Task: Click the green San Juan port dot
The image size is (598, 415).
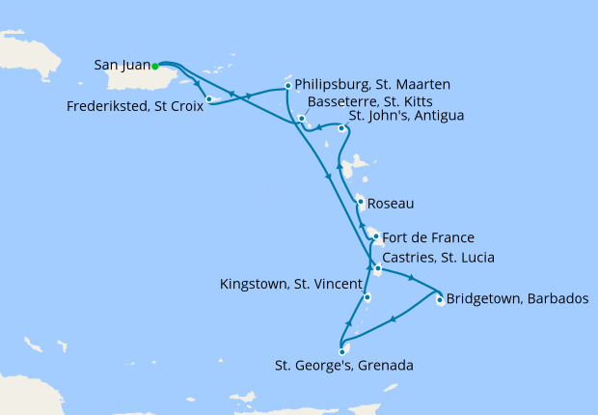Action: (x=155, y=66)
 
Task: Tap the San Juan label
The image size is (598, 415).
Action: (x=122, y=66)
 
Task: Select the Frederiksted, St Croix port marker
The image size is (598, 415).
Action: (x=209, y=98)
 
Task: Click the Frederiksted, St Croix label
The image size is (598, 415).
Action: (x=149, y=106)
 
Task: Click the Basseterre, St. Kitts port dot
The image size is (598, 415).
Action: (x=302, y=119)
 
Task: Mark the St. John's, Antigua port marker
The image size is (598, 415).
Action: (x=341, y=126)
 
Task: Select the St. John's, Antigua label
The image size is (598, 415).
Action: (x=406, y=117)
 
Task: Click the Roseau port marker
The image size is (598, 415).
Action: (x=361, y=203)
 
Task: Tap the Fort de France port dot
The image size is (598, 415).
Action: (x=375, y=236)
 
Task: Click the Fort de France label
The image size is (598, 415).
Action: (x=428, y=237)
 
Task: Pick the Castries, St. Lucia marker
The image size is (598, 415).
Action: (x=377, y=268)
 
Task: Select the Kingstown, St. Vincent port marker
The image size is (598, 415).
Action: (x=367, y=297)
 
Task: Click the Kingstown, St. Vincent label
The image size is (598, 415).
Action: (x=290, y=284)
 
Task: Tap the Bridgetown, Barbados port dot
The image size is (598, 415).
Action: (x=440, y=300)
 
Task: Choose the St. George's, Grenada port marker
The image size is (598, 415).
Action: (x=341, y=352)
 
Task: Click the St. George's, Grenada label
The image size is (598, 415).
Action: (x=344, y=366)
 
